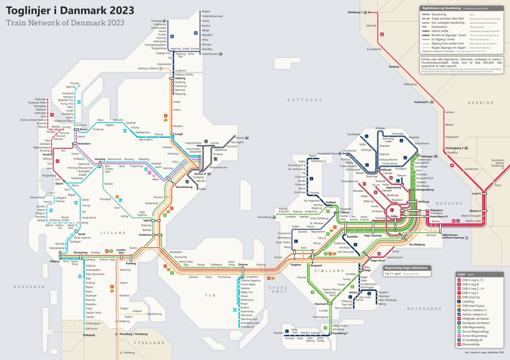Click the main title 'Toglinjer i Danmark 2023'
(x=70, y=10)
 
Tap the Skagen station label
(x=206, y=11)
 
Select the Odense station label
(x=243, y=265)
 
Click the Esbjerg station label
(x=54, y=261)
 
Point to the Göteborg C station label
(x=355, y=12)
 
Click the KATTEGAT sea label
(x=305, y=100)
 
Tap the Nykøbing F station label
(x=340, y=333)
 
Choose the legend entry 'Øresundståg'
(x=471, y=344)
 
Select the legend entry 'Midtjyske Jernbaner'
(x=476, y=318)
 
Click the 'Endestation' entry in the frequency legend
(x=439, y=27)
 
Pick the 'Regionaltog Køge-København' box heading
(x=406, y=268)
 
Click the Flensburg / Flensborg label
(x=133, y=334)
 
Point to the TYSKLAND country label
(x=149, y=343)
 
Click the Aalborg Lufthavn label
(x=148, y=68)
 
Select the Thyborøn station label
(x=40, y=99)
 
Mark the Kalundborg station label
(x=264, y=217)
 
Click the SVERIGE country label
(x=481, y=103)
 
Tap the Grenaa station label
(x=240, y=138)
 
